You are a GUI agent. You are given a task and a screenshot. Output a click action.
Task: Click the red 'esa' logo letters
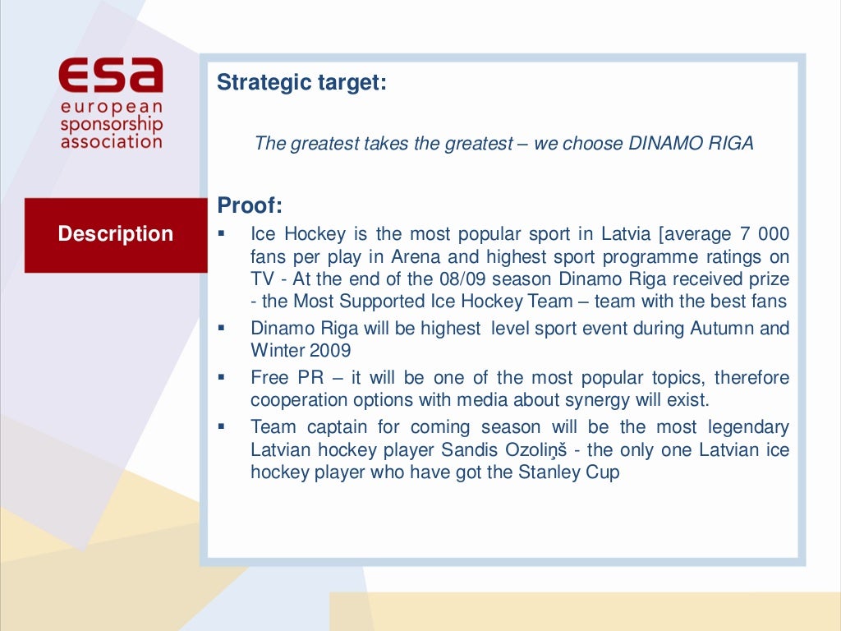click(111, 76)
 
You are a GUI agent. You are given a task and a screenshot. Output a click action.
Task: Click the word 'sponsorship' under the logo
click(111, 125)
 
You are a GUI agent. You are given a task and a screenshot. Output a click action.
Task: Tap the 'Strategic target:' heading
click(301, 83)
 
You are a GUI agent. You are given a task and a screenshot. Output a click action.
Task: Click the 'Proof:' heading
click(250, 205)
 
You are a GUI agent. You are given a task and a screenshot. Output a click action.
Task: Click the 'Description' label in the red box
click(116, 234)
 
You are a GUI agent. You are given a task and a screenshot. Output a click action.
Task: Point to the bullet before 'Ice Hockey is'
click(222, 233)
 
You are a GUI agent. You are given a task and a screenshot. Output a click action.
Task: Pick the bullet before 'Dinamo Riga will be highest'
click(222, 327)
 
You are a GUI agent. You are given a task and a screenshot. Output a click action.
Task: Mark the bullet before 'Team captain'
click(222, 426)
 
